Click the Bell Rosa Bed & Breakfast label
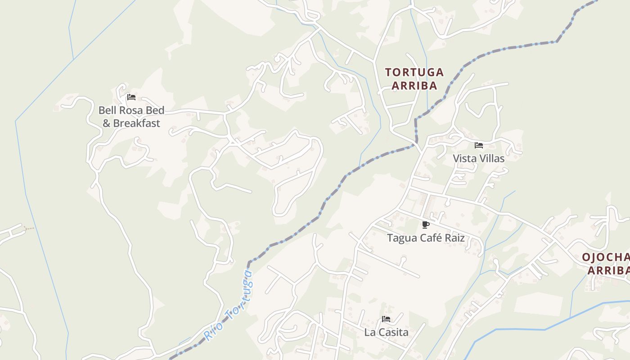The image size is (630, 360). (x=131, y=117)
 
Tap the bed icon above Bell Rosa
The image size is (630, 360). (x=131, y=97)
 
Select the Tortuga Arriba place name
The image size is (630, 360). (x=414, y=79)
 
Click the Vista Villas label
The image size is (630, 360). (x=478, y=158)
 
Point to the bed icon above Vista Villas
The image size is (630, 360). (x=479, y=145)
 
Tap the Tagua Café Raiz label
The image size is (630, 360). (x=426, y=238)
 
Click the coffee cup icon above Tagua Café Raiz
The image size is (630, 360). (x=426, y=225)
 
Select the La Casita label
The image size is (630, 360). (x=386, y=332)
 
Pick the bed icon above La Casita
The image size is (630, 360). (x=386, y=319)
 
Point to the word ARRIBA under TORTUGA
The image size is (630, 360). (x=414, y=85)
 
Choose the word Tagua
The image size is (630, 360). (x=402, y=238)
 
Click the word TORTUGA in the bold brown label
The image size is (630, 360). (x=414, y=72)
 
